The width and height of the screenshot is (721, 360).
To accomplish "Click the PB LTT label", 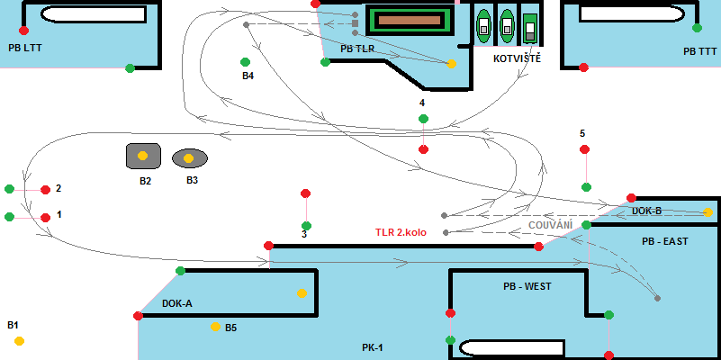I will (x=25, y=46).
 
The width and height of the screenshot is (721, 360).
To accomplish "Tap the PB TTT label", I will (x=701, y=52).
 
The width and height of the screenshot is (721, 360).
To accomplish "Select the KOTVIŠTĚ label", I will (x=517, y=58).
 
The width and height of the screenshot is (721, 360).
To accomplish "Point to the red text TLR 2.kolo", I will (x=401, y=232).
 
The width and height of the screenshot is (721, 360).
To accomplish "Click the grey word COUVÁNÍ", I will (x=550, y=223).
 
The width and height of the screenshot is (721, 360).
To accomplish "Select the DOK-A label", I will (x=177, y=303).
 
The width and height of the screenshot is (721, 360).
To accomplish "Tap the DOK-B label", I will (x=646, y=211).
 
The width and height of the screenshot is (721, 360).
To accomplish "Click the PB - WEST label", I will (x=527, y=286).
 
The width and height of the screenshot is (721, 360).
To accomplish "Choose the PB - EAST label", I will (x=664, y=242).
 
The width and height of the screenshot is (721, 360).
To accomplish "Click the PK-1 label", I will (x=373, y=346).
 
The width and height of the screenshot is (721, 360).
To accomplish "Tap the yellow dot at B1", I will (x=19, y=340).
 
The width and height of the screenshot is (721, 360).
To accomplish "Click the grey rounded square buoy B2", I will (x=143, y=156).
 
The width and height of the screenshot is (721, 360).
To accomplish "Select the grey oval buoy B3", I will (x=189, y=158).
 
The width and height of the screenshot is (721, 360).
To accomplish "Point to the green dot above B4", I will (x=245, y=62).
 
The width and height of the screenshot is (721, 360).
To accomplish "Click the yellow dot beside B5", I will (x=215, y=327).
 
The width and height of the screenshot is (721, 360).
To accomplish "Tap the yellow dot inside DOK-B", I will (x=708, y=212).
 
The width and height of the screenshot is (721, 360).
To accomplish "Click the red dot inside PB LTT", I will (x=23, y=31).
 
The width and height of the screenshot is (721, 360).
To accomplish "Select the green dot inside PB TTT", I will (x=697, y=28).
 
